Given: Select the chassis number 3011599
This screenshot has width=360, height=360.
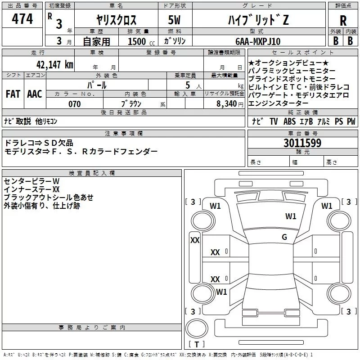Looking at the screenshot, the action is tap(302, 144).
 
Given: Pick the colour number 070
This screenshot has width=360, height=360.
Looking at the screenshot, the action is tap(75, 104).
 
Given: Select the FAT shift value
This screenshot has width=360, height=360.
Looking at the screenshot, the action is tap(13, 94).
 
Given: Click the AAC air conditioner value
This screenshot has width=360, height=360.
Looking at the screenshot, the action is tap(34, 94).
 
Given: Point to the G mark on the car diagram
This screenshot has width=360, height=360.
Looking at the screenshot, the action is tap(284, 237).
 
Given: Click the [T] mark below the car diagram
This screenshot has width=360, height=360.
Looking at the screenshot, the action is tap(196, 345).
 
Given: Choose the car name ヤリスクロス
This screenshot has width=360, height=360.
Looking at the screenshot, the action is tap(116, 20).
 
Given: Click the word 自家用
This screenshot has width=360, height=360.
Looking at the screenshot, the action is tap(96, 41).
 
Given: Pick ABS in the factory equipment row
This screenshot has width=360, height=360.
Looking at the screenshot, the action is tap(291, 121).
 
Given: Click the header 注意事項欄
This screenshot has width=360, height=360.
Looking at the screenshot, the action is tap(123, 134).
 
